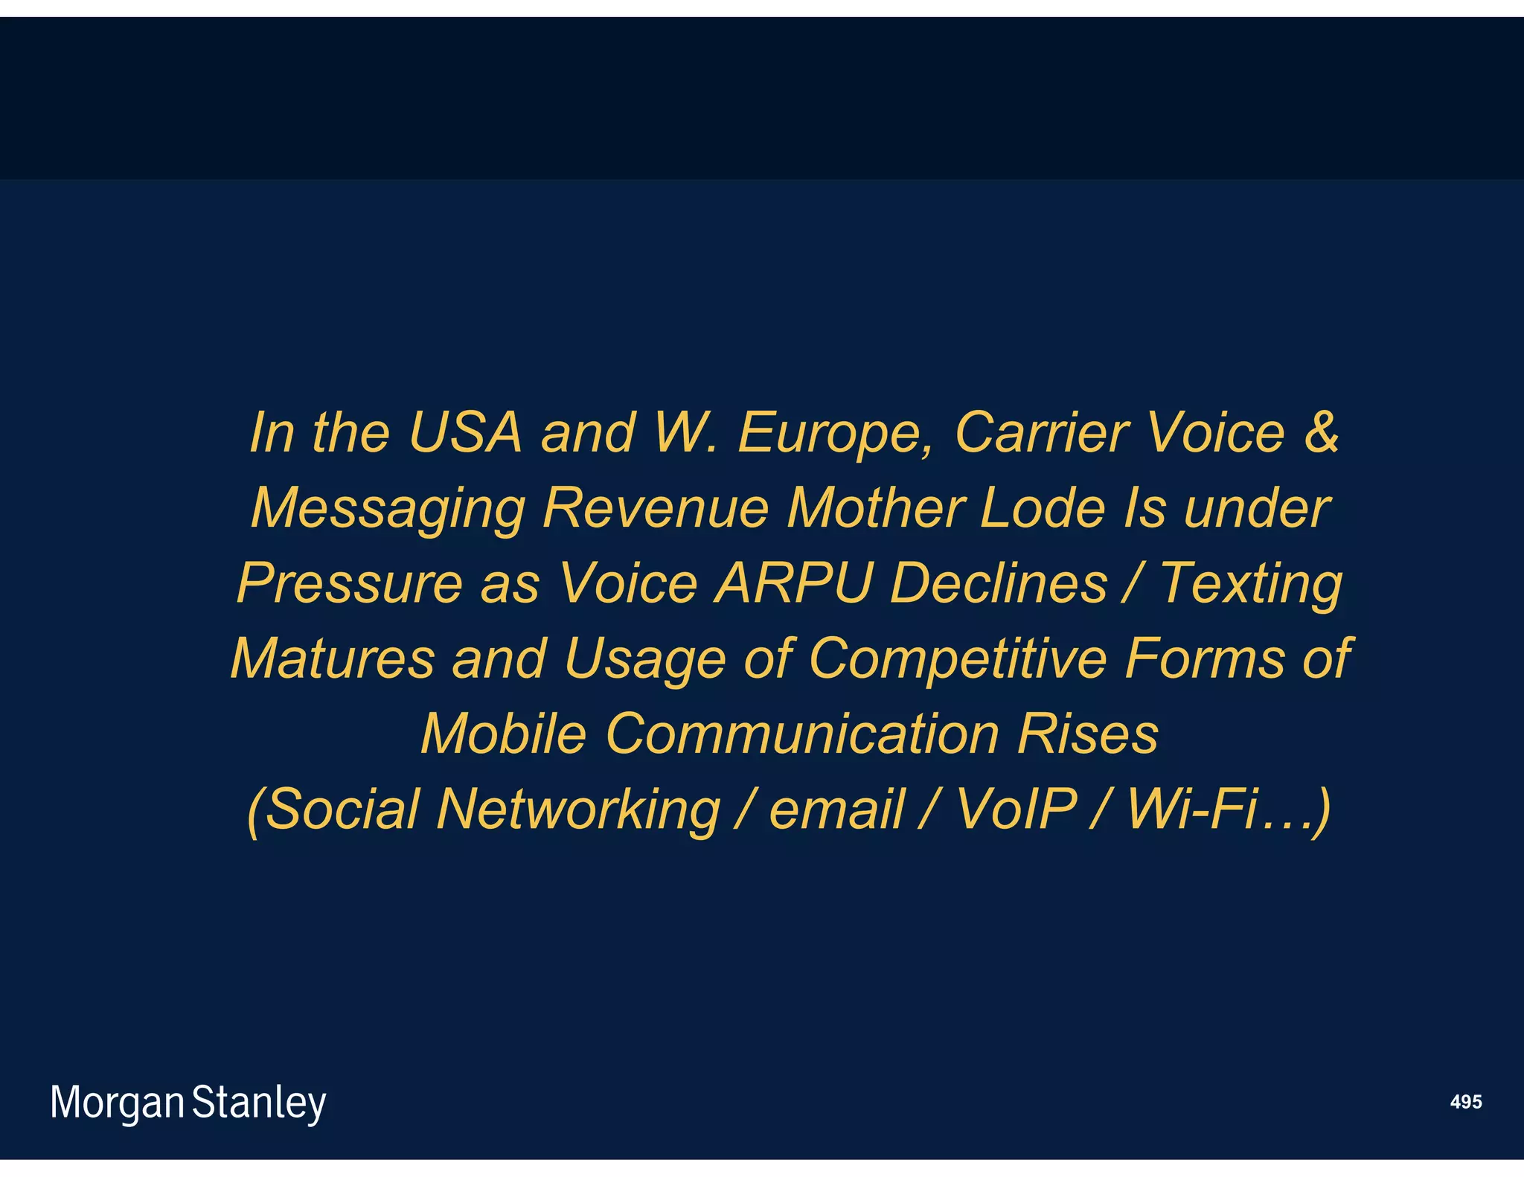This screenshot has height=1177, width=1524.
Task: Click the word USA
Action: click(465, 432)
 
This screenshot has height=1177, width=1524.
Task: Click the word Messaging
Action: click(388, 510)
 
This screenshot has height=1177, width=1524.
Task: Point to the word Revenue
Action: click(656, 508)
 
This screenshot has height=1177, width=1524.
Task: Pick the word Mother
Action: click(875, 508)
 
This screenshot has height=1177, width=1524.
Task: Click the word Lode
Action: click(1042, 508)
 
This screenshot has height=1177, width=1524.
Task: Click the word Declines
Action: click(999, 583)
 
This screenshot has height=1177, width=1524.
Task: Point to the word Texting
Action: click(1251, 585)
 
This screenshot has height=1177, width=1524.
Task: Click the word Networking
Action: click(578, 810)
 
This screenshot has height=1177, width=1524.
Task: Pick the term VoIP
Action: click(1016, 809)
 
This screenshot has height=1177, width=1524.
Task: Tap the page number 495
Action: click(1465, 1102)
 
